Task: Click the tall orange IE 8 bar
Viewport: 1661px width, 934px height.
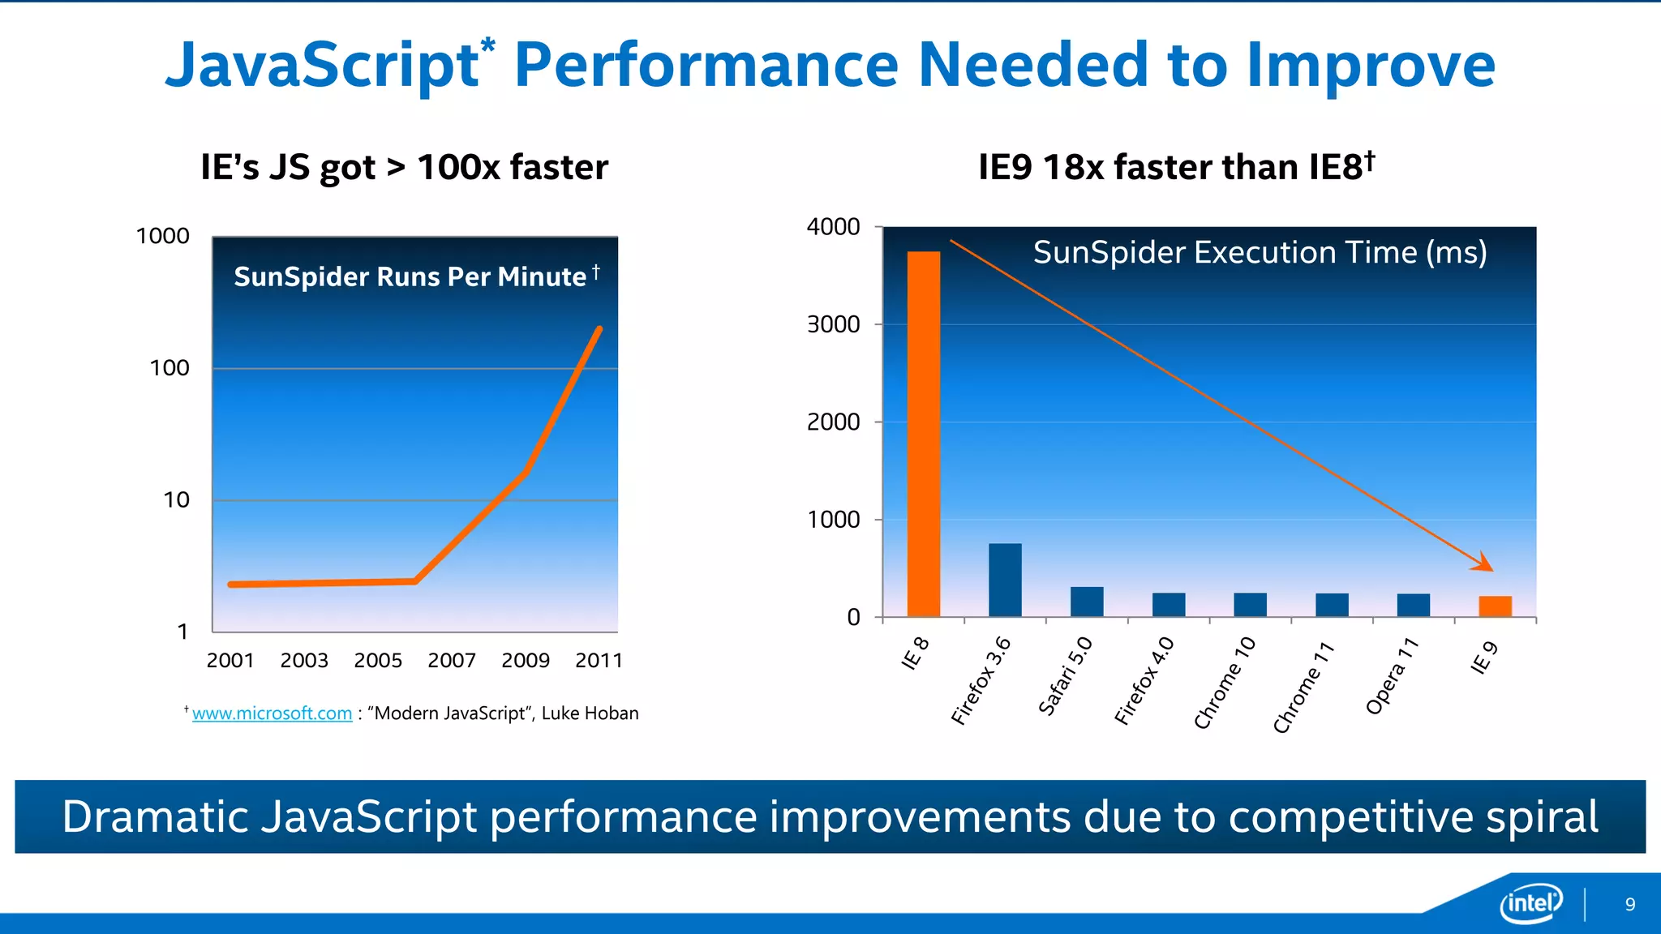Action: coord(923,434)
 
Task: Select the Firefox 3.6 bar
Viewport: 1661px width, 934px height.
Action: coord(1005,580)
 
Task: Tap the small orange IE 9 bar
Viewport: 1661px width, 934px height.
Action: coord(1495,606)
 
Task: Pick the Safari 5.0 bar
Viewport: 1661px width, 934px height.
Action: coord(1087,602)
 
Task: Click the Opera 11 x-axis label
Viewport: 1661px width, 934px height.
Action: coord(1392,677)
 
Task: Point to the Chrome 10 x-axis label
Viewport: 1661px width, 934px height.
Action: coord(1225,683)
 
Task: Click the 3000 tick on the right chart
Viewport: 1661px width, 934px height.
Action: coord(833,324)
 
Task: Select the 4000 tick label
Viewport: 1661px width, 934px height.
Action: coord(833,227)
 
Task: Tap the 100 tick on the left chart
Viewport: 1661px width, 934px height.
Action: coord(169,368)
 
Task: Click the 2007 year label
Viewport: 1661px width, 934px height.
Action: coord(452,660)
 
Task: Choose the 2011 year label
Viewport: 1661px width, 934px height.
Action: coord(599,660)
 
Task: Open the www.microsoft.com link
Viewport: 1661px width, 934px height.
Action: coord(272,713)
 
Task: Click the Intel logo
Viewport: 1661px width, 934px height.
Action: coord(1531,902)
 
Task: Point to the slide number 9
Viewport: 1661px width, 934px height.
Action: coord(1630,905)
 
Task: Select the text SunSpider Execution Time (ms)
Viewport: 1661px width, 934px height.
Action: coord(1260,252)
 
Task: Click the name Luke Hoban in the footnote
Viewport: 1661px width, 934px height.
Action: coord(590,713)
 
